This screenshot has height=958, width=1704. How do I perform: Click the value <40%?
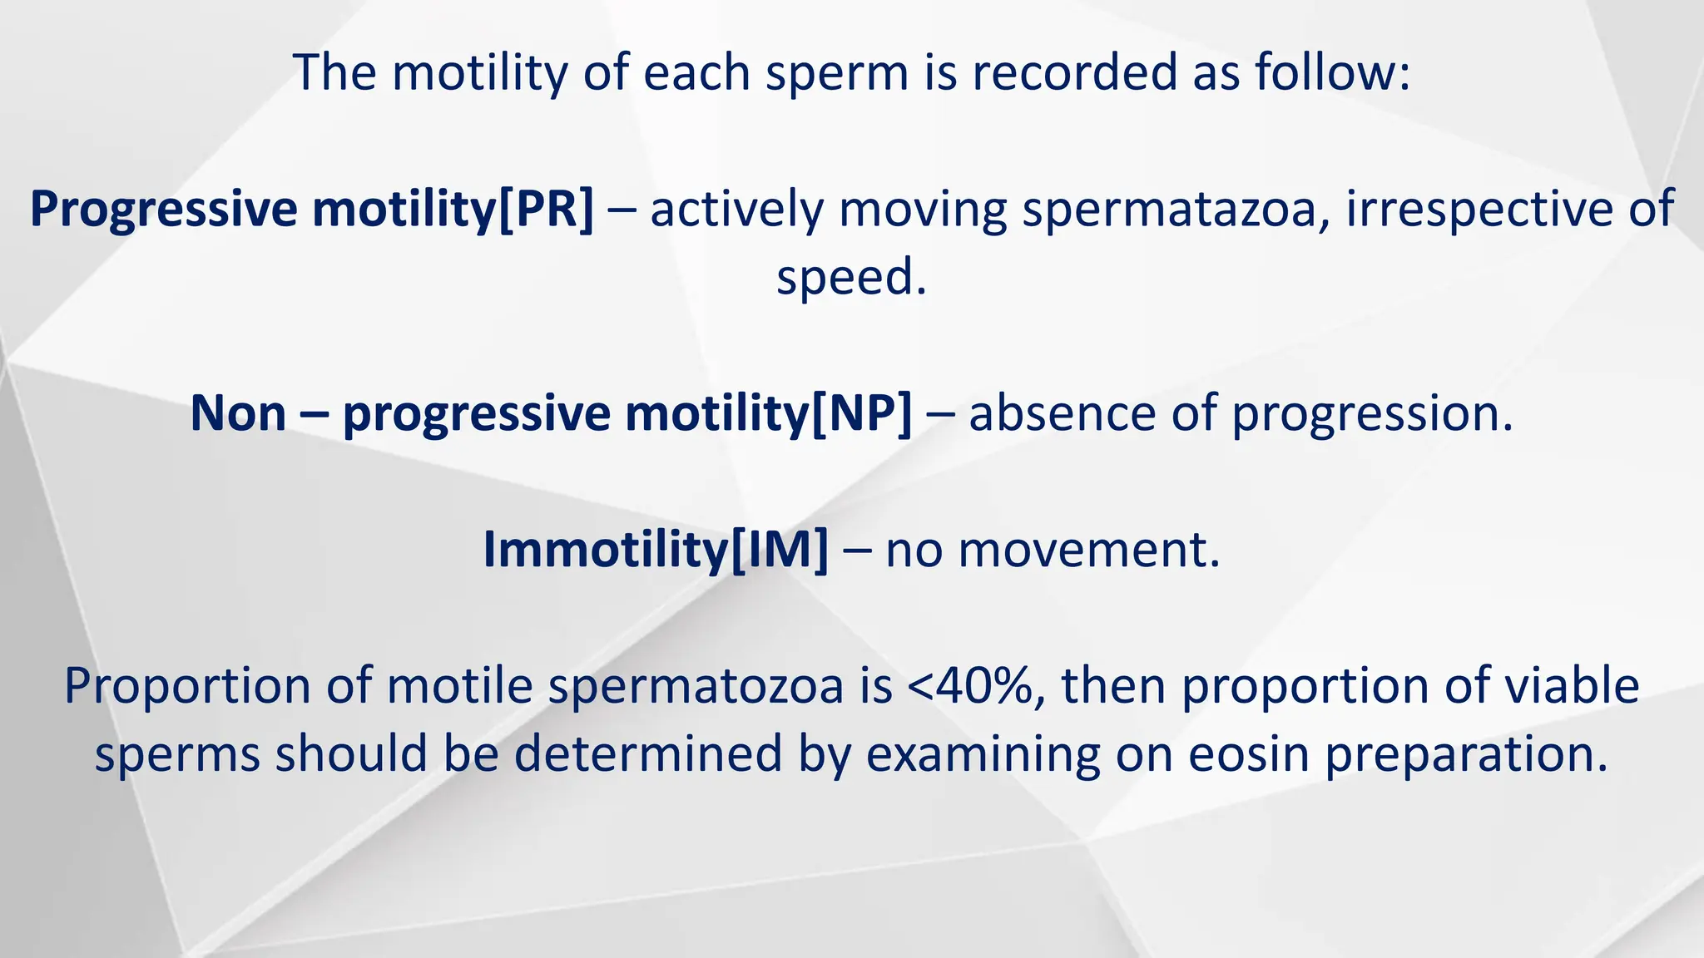coord(975,686)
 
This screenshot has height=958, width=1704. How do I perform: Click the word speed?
coord(850,278)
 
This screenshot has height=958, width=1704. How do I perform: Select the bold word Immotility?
coord(605,549)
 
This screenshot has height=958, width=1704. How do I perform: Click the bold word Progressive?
coord(163,210)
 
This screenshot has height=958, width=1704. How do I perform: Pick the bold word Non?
coord(238,412)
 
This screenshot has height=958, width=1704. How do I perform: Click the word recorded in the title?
coord(1075,72)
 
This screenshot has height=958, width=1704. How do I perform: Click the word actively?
coord(736,210)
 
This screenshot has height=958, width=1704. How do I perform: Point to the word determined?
coord(648,754)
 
